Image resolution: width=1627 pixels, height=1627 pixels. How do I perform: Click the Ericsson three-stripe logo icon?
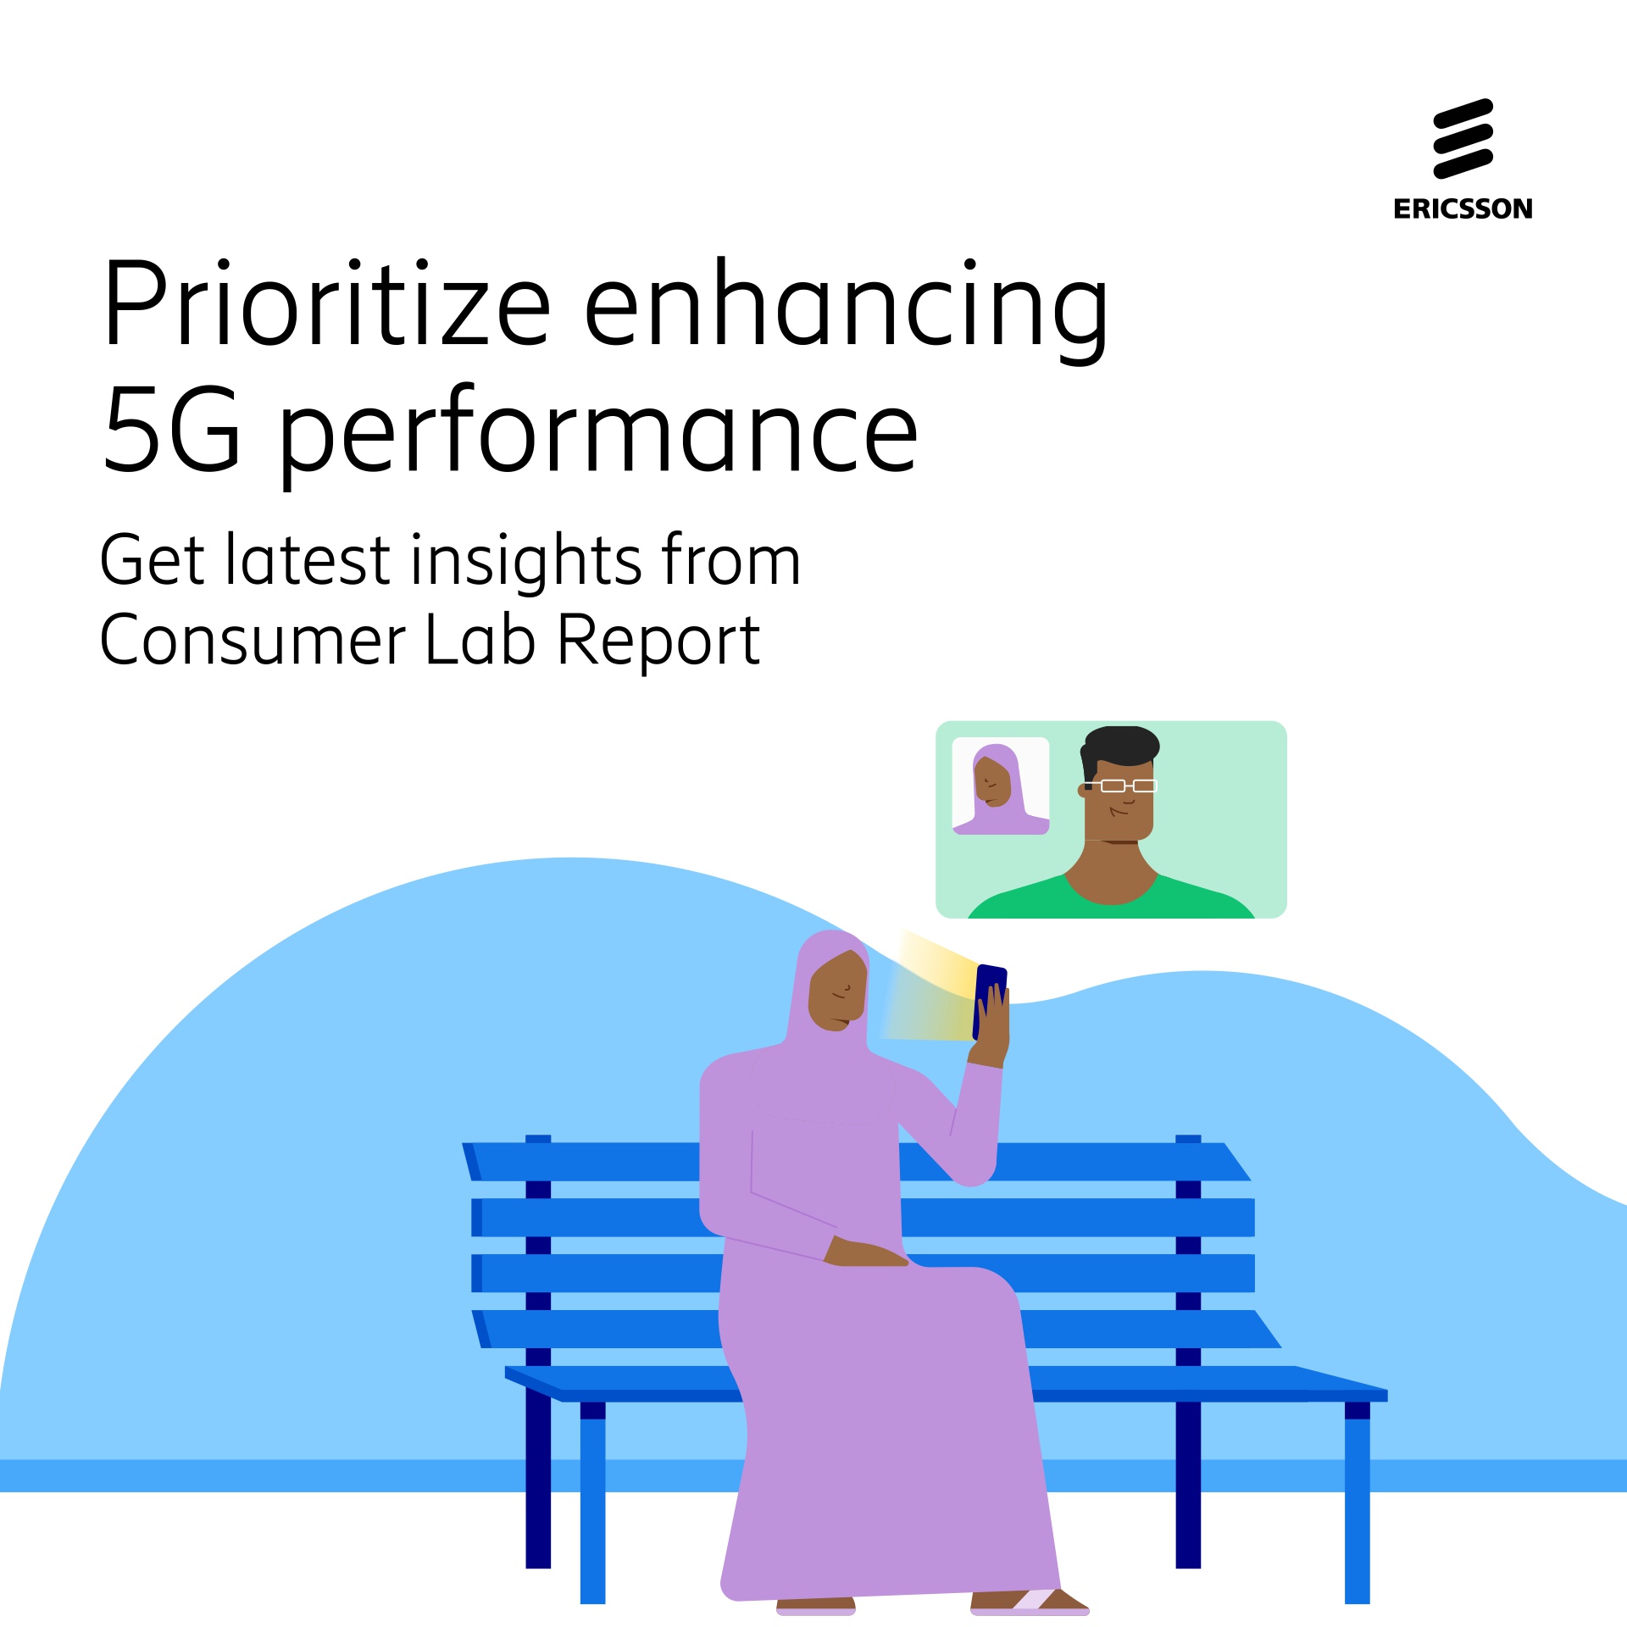click(x=1463, y=139)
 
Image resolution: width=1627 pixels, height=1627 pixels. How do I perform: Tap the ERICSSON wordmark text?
click(x=1463, y=208)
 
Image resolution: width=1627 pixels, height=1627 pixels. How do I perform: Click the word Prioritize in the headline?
click(x=327, y=303)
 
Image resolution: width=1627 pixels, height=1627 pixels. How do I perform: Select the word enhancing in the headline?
click(x=846, y=310)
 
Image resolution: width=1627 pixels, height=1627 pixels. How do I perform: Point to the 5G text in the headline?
click(x=172, y=429)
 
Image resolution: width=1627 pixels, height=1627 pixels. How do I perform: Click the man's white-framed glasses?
click(x=1120, y=786)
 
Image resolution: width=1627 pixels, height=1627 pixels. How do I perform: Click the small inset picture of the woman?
click(x=1001, y=786)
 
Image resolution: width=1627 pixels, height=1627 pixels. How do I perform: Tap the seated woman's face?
click(x=837, y=991)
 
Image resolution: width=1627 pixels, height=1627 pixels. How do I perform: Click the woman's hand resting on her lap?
click(x=865, y=1252)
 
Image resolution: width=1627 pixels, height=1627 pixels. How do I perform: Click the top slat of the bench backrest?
click(x=856, y=1162)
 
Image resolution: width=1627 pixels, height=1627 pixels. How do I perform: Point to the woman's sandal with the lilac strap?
click(x=1030, y=1601)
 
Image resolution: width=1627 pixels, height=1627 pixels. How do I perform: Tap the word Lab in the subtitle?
click(x=480, y=640)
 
